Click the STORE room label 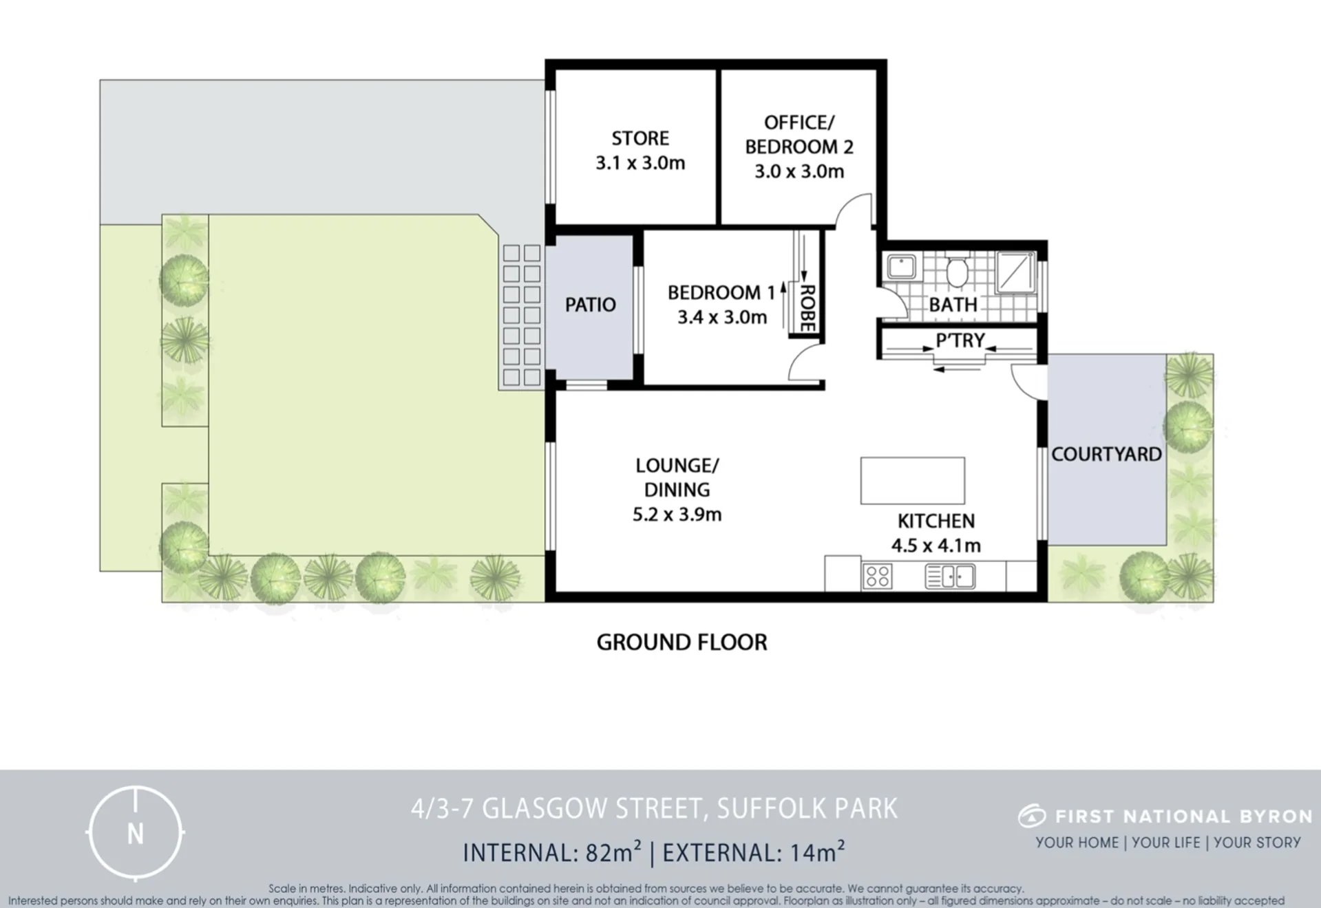point(640,138)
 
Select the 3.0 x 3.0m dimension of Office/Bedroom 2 point(799,171)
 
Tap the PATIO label point(590,305)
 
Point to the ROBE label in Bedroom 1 point(808,308)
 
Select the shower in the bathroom point(1016,272)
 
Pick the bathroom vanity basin point(900,267)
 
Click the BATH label point(953,305)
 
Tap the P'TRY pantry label point(960,340)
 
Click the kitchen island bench point(912,481)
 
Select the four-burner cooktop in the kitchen point(877,576)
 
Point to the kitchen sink point(949,576)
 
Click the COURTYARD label point(1106,454)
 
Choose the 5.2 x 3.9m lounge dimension point(677,515)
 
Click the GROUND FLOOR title point(681,642)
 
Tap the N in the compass point(136,834)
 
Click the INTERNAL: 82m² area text point(552,852)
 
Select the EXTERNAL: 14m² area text point(753,852)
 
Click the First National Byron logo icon point(1032,816)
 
